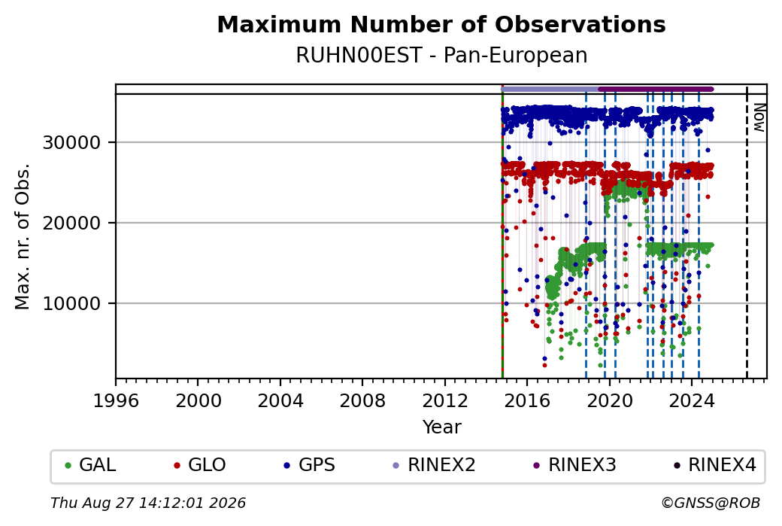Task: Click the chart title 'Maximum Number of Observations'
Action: coord(441,24)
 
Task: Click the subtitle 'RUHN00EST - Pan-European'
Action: coord(441,55)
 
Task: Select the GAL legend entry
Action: coord(90,465)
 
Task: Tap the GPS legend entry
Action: coord(309,465)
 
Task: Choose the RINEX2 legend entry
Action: coord(434,465)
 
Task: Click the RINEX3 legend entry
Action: coord(574,465)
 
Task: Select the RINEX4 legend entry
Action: coord(714,465)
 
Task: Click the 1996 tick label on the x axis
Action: coord(116,401)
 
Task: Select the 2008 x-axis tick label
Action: coord(362,401)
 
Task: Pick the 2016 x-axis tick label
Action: coord(527,401)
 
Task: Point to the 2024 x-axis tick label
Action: coord(692,401)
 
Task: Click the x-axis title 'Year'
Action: coord(442,427)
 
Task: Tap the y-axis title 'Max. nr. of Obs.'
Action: coord(23,236)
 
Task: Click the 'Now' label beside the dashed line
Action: coord(759,118)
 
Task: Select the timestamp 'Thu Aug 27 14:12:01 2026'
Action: coord(148,503)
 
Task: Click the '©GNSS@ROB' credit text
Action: coord(711,503)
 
